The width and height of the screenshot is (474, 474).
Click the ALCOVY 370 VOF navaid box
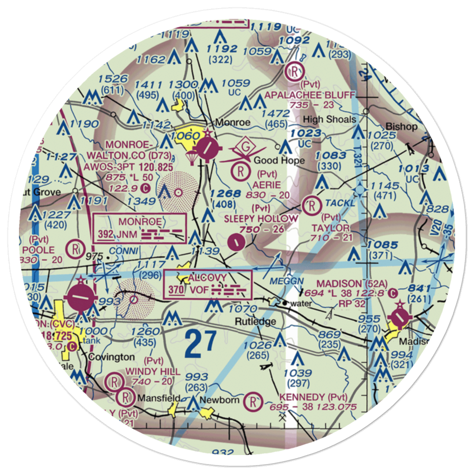point(208,284)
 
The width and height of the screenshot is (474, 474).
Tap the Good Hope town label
point(279,161)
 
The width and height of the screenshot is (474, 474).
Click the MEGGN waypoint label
point(286,281)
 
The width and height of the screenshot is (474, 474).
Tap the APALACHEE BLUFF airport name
point(310,95)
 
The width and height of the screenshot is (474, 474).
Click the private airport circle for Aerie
point(242,169)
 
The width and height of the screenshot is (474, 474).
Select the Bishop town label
point(401,127)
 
